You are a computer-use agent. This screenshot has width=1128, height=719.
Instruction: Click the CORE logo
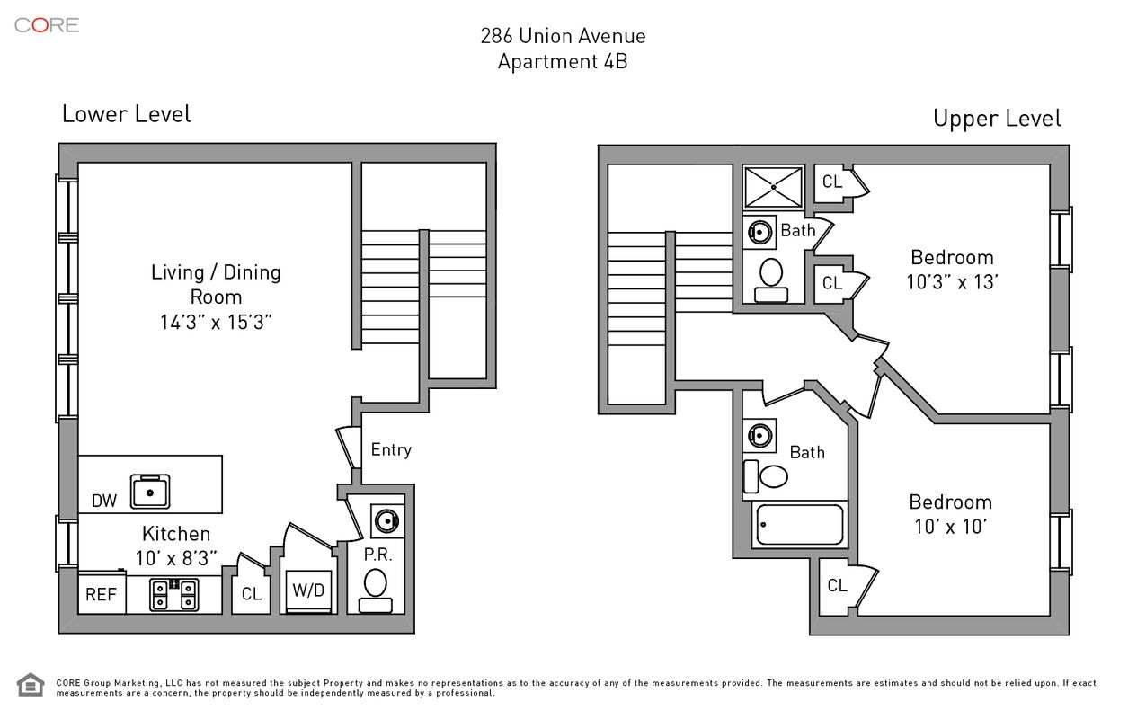click(x=47, y=25)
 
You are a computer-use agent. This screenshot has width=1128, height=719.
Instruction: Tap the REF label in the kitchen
click(x=101, y=594)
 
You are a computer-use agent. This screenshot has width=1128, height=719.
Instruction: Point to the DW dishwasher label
click(x=104, y=501)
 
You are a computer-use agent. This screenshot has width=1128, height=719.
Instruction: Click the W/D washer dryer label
click(x=307, y=591)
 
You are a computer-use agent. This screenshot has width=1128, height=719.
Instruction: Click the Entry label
click(x=391, y=449)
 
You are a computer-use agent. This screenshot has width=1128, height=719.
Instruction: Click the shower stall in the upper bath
click(x=774, y=187)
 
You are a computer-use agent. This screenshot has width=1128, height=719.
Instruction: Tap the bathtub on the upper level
click(x=799, y=525)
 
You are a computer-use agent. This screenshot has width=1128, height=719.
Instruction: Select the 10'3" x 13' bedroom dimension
click(x=952, y=281)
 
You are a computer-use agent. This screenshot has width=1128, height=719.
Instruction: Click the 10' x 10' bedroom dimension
click(x=951, y=527)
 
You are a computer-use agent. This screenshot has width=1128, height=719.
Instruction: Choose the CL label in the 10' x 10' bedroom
click(x=837, y=586)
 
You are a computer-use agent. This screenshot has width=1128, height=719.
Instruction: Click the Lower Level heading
click(x=126, y=114)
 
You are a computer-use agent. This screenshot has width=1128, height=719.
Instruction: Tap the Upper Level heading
click(x=997, y=118)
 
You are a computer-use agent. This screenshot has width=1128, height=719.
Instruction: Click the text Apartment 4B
click(x=563, y=62)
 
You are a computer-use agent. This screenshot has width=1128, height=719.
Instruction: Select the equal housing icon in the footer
click(x=31, y=686)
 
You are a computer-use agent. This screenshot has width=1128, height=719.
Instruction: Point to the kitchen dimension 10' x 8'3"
click(x=176, y=558)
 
